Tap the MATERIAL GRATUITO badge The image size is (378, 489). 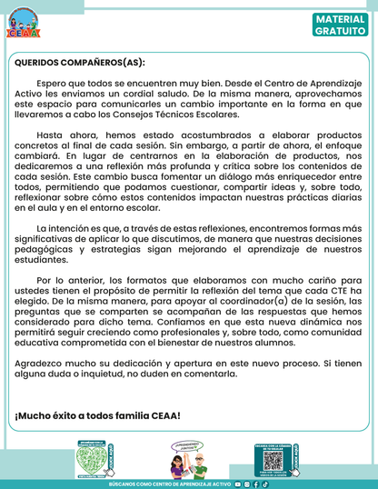coord(342,25)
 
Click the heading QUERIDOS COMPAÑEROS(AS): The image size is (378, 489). coord(80,64)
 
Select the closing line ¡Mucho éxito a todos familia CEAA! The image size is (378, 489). coord(97,415)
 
